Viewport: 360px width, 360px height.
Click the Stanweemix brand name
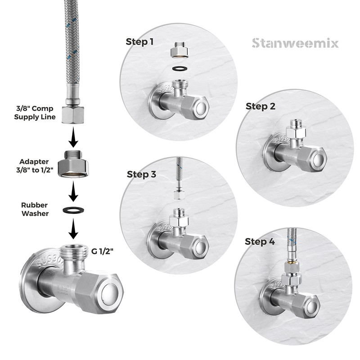tap(295, 43)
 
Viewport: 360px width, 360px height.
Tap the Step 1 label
tap(139, 42)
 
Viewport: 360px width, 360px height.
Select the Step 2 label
tap(261, 106)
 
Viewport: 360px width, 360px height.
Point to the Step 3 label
tap(141, 174)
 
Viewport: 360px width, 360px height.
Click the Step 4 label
tap(260, 242)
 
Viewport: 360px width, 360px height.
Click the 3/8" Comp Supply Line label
tap(35, 113)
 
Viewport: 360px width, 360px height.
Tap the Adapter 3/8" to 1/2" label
tap(35, 166)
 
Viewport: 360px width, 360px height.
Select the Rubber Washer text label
tap(35, 209)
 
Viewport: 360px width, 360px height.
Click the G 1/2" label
tap(103, 252)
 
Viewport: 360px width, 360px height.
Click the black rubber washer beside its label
tap(73, 210)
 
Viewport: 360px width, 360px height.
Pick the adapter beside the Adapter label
tap(73, 164)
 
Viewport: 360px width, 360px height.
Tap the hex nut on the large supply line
tap(72, 115)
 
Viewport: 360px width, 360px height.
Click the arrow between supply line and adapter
tap(73, 137)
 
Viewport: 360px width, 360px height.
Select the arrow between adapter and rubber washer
tap(73, 191)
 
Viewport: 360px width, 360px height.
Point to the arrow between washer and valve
tap(73, 229)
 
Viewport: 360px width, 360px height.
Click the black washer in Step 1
tap(180, 68)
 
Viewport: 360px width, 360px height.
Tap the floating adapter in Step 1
tap(179, 50)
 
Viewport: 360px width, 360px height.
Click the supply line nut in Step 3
tap(178, 194)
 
